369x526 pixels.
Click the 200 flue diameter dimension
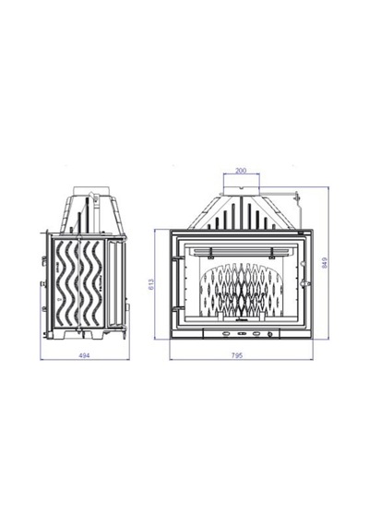pos(241,171)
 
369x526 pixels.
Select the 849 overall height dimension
pos(324,262)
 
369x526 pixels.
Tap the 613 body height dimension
pos(150,284)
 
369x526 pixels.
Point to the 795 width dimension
pos(237,355)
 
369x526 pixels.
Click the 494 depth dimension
pos(84,355)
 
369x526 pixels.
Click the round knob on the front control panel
pos(269,334)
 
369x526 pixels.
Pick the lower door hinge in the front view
pos(176,308)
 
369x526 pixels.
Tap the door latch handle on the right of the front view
pos(305,283)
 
